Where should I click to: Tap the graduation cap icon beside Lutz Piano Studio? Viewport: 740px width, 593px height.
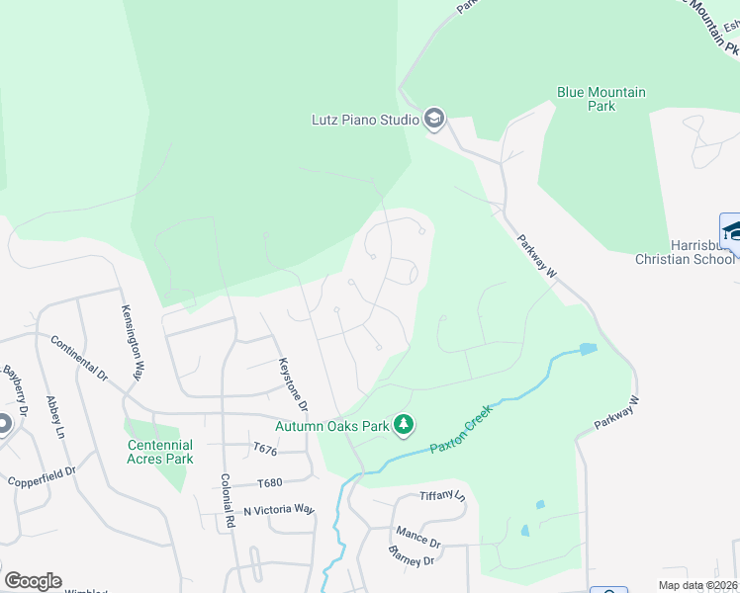tap(433, 120)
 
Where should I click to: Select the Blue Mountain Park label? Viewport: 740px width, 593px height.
tap(601, 99)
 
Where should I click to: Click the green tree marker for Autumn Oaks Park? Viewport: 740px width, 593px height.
tap(404, 425)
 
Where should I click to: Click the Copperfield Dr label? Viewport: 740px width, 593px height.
tap(41, 477)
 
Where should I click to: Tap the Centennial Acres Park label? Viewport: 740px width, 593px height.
tap(160, 452)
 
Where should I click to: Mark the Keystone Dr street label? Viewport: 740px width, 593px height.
tap(293, 384)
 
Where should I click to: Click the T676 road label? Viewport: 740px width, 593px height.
tap(265, 449)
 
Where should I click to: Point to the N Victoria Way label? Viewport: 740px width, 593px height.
tap(278, 509)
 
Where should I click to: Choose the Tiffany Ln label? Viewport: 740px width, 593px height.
tap(441, 495)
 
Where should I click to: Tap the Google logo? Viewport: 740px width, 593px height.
tap(33, 581)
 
